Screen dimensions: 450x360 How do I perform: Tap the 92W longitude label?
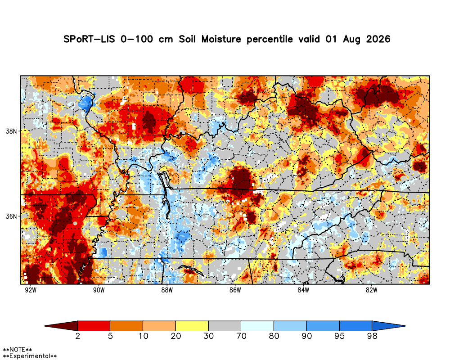(31, 290)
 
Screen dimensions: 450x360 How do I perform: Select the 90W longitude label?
(99, 290)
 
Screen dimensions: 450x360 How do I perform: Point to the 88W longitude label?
(167, 290)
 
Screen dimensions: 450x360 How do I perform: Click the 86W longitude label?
(235, 290)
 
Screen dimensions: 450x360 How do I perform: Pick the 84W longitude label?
(303, 290)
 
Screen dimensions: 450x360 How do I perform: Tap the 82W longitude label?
(371, 290)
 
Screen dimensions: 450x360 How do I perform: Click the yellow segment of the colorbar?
(192, 326)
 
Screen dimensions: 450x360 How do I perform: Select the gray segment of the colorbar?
(225, 326)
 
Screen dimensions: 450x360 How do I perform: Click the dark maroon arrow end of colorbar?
(61, 326)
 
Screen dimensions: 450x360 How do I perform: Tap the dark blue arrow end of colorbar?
(389, 326)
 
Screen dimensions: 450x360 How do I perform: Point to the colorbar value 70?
(241, 336)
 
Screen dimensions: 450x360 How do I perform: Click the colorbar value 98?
(372, 336)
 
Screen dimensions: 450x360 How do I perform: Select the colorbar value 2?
(78, 336)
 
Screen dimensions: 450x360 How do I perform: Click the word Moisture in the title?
(221, 39)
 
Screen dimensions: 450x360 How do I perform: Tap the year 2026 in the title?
(378, 39)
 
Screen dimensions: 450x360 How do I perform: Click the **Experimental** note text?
(30, 356)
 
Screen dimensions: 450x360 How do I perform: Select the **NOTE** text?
(18, 350)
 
